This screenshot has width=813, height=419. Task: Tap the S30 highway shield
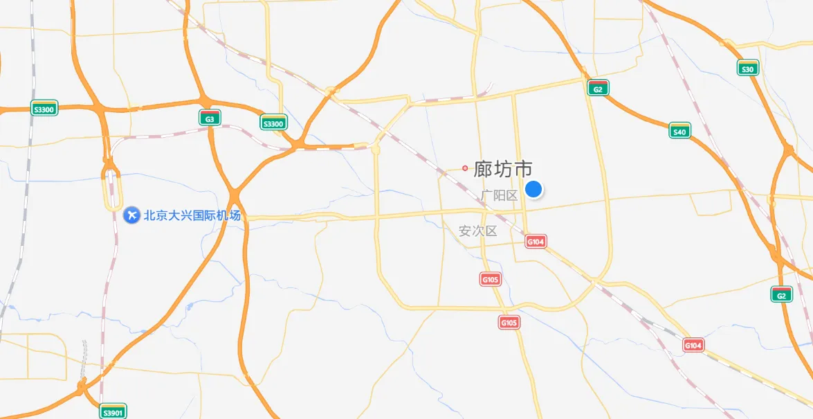tap(747, 68)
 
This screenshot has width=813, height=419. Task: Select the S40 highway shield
tap(679, 131)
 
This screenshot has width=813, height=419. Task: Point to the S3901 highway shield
tap(113, 411)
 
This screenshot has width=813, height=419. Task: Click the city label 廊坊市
tap(503, 168)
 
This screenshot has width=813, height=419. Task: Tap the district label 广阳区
tap(500, 195)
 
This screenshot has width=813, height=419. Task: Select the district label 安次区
tap(478, 231)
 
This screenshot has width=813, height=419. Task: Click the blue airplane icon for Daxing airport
tap(131, 215)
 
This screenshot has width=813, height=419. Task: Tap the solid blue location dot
tap(533, 188)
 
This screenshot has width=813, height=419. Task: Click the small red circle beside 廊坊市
tap(465, 168)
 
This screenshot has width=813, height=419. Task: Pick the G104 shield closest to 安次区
tap(536, 241)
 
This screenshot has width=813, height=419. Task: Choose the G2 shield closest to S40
tap(599, 88)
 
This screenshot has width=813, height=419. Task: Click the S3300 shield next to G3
tap(273, 123)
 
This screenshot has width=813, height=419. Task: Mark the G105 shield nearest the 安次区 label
tap(490, 279)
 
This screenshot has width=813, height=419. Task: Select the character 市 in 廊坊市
tap(523, 168)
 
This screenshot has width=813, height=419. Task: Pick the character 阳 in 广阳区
tap(500, 195)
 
